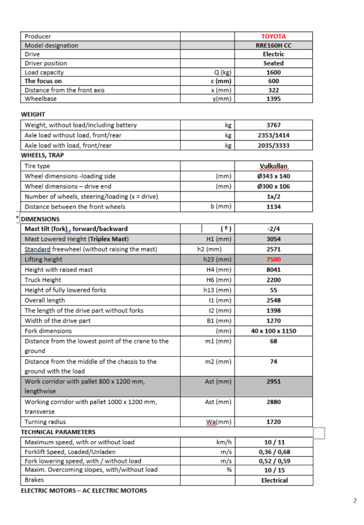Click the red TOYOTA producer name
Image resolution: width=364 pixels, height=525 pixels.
coord(273,37)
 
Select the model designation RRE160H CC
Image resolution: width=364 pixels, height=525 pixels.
coord(273,46)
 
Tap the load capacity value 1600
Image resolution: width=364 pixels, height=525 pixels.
coord(273,72)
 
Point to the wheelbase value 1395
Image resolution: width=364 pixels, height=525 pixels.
coord(273,99)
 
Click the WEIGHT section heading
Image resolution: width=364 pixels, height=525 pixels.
coord(33,114)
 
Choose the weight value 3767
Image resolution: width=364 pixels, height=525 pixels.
coord(273,125)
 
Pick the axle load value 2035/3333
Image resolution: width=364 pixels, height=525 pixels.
coord(273,146)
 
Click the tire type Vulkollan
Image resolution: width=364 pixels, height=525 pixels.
coord(273,166)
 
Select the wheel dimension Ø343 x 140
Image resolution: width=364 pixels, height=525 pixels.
coord(273,176)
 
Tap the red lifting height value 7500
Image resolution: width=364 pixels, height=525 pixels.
coord(273,259)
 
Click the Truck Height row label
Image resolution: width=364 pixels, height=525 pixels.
coord(43,280)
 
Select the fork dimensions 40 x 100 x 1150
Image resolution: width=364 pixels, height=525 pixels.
coord(273,331)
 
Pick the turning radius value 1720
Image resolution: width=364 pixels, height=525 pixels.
coord(273,422)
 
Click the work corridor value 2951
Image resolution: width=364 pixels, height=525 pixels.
coord(273,382)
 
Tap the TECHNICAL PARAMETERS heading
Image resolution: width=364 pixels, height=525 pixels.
coord(58,432)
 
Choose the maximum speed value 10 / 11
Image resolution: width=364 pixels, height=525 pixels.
coord(274,442)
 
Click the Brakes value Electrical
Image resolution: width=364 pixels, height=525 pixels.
coord(274,480)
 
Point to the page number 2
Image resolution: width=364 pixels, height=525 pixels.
coord(354,500)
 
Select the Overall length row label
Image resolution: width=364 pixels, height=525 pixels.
coord(45,301)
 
